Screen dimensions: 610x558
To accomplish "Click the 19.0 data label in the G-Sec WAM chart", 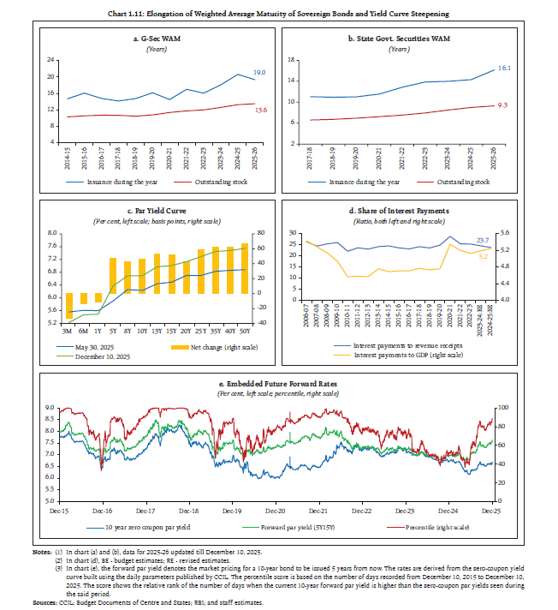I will point(258,73).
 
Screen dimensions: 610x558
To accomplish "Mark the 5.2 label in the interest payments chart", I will point(484,256).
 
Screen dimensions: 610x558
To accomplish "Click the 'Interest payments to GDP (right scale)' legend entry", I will point(410,355).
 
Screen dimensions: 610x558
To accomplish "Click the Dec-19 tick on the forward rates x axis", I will point(234,509).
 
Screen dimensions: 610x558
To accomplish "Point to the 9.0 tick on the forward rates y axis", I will point(50,408).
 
